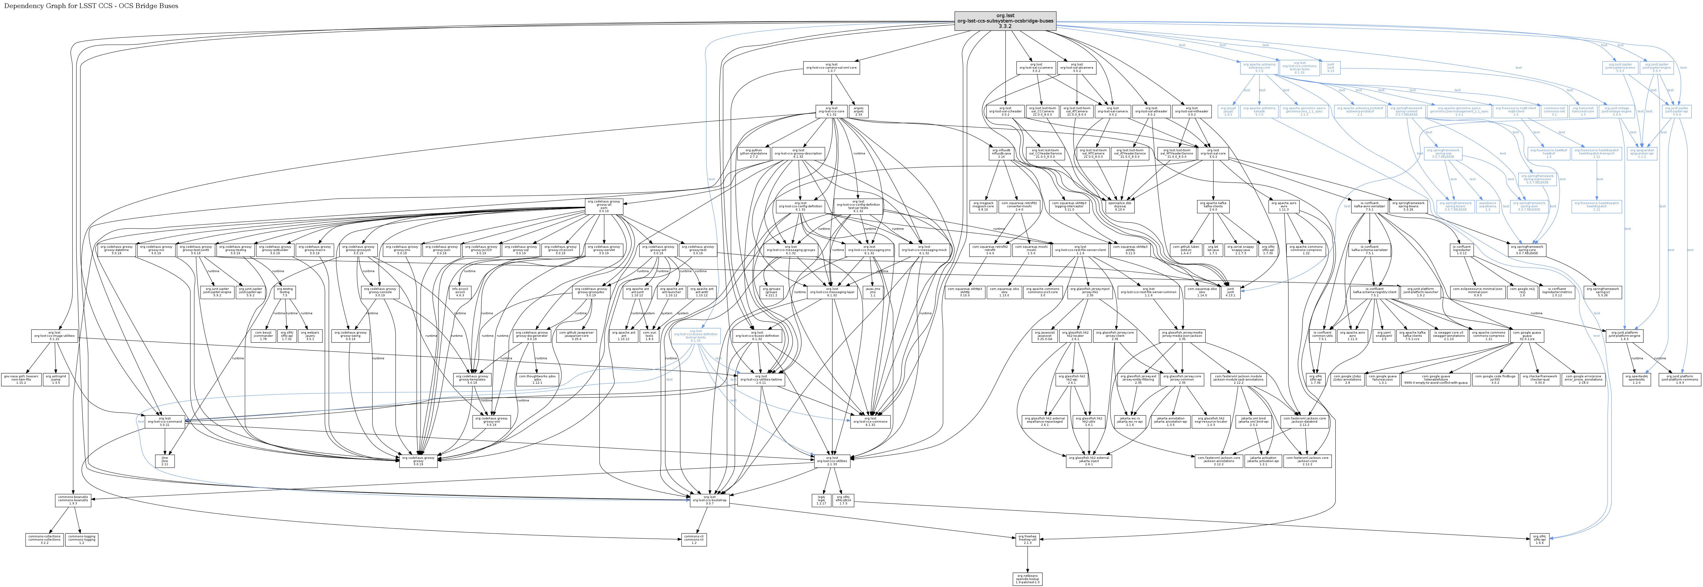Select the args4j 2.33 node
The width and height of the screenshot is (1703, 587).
click(x=858, y=111)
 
